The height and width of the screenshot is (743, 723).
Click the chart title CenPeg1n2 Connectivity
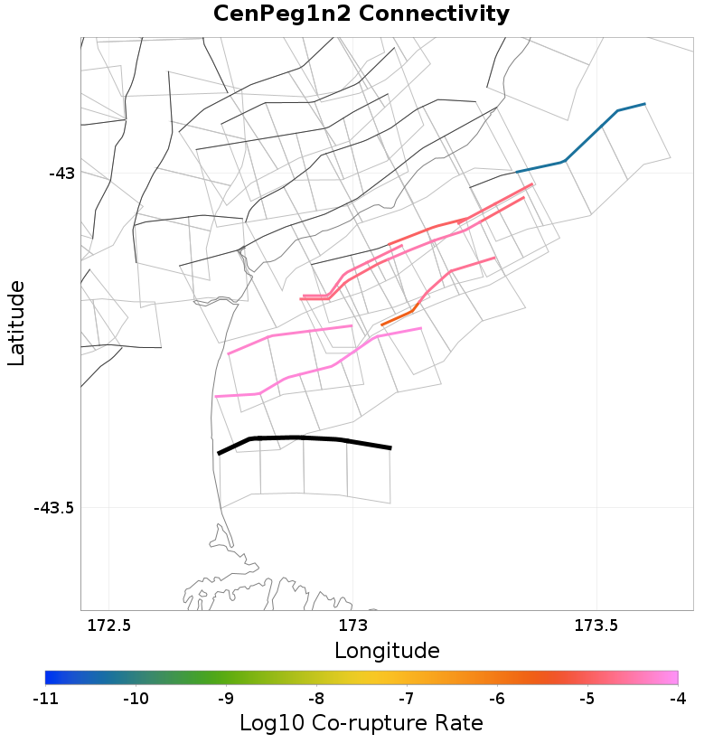pyautogui.click(x=361, y=14)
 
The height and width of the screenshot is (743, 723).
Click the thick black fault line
pyautogui.click(x=298, y=438)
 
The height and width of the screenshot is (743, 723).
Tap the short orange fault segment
pyautogui.click(x=399, y=317)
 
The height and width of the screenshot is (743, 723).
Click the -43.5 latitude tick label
pyautogui.click(x=54, y=508)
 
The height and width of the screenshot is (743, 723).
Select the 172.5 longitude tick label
pyautogui.click(x=108, y=625)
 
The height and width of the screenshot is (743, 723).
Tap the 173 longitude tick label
pyautogui.click(x=352, y=625)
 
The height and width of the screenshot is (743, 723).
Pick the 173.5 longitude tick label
pyautogui.click(x=596, y=625)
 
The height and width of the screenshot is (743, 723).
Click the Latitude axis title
pyautogui.click(x=16, y=323)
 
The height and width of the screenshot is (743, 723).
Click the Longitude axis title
pyautogui.click(x=387, y=651)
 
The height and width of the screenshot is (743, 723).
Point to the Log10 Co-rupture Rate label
pyautogui.click(x=361, y=724)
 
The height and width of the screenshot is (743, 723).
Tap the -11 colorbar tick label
pyautogui.click(x=45, y=699)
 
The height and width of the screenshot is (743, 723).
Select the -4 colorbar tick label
pyautogui.click(x=677, y=699)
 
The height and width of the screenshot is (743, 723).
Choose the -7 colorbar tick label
pyautogui.click(x=406, y=699)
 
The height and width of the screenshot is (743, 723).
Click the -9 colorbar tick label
pyautogui.click(x=225, y=699)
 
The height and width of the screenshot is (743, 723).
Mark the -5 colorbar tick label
pyautogui.click(x=587, y=699)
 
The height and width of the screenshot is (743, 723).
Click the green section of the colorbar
pyautogui.click(x=226, y=677)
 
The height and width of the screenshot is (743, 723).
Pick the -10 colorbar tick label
pyautogui.click(x=136, y=699)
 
